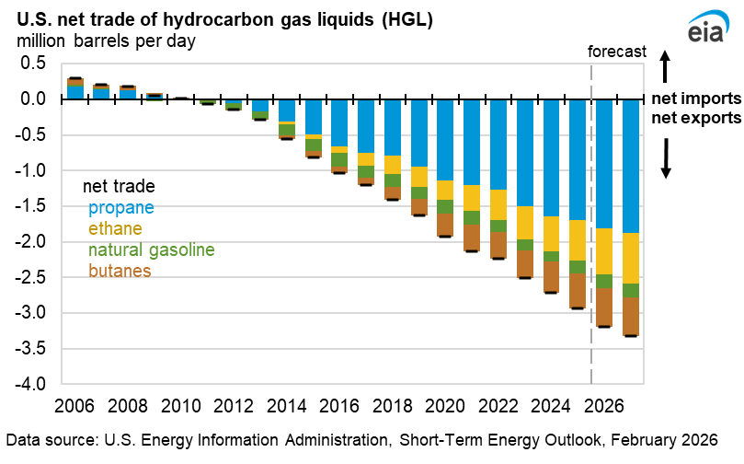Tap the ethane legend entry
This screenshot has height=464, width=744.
click(116, 228)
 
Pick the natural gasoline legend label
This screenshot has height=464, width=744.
click(150, 249)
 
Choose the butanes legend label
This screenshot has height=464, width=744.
click(120, 271)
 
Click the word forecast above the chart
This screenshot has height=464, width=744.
click(617, 52)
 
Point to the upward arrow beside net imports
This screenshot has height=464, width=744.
click(669, 66)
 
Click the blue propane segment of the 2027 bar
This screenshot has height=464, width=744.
click(632, 166)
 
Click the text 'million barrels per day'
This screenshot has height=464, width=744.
click(103, 41)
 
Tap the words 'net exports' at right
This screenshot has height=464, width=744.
click(696, 119)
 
